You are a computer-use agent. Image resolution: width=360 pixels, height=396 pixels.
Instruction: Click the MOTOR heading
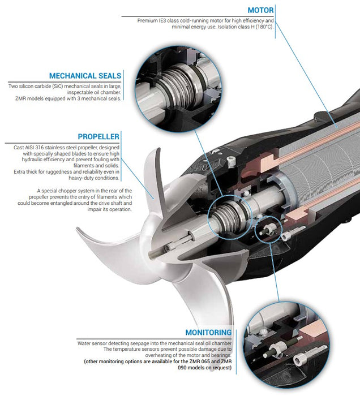pos(261,10)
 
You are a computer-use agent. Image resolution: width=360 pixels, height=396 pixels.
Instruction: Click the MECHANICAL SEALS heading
pos(85,76)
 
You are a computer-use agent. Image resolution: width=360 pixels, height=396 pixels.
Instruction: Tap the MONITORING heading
pos(208,333)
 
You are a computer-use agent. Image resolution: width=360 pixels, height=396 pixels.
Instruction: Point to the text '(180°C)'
pos(262,27)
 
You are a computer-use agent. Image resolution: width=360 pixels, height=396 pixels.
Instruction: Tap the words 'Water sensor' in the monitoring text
pos(92,343)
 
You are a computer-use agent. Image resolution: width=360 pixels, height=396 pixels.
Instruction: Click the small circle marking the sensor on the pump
pos(268,227)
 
